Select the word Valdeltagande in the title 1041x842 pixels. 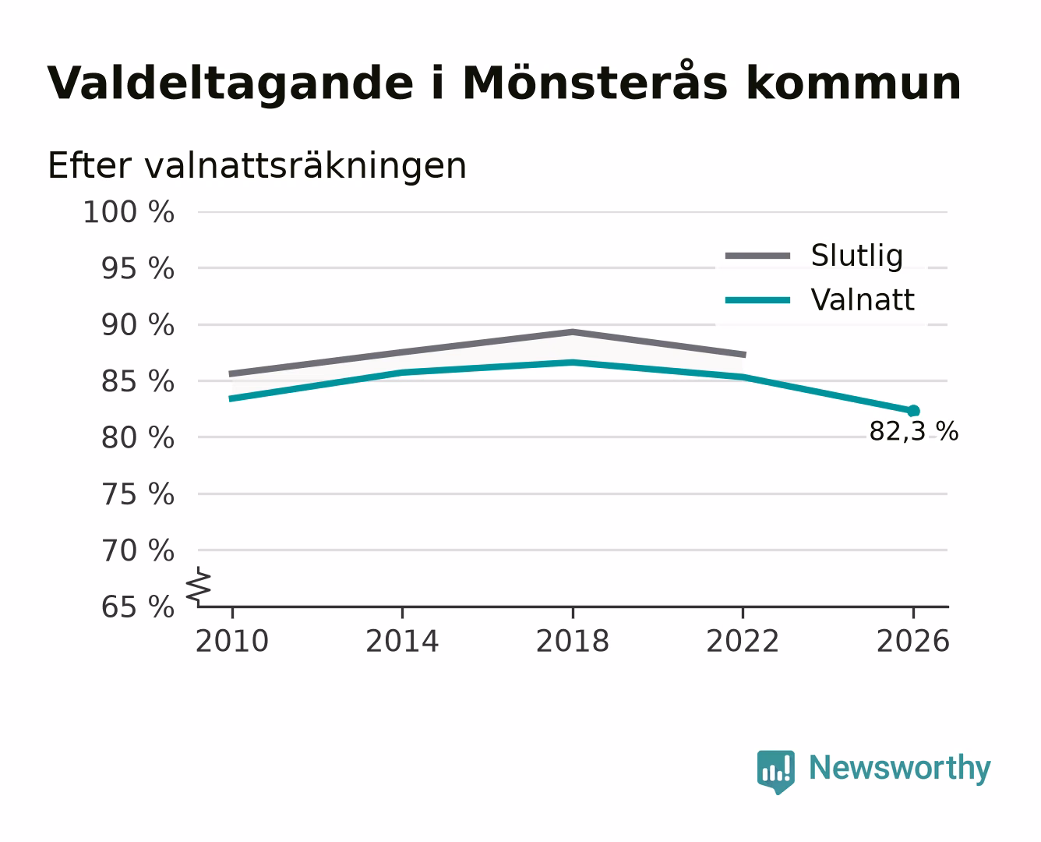click(x=230, y=84)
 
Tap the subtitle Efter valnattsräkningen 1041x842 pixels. click(x=257, y=166)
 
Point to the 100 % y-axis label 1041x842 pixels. click(x=129, y=213)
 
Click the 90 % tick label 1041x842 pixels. click(x=137, y=325)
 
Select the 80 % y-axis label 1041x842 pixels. click(x=137, y=437)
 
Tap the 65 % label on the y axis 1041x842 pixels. click(x=137, y=607)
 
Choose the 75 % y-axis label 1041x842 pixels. click(x=137, y=494)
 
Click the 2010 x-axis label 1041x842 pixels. click(x=232, y=642)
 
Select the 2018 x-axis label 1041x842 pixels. click(x=573, y=642)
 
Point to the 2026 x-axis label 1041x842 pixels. click(x=913, y=642)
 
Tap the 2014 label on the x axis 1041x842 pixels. click(x=402, y=642)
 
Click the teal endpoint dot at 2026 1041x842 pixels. click(x=913, y=411)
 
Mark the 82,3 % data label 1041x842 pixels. click(x=913, y=432)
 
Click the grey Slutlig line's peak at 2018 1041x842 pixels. click(x=573, y=332)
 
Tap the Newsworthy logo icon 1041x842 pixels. click(x=776, y=772)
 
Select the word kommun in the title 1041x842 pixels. click(x=853, y=84)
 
